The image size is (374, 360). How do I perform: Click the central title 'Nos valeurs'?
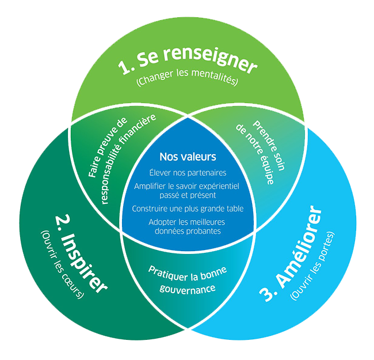coord(187,157)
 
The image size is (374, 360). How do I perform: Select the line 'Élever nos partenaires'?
coord(187,173)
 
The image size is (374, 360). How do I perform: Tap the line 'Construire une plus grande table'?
coord(187,208)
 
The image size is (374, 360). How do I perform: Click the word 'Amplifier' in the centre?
coord(151,186)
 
